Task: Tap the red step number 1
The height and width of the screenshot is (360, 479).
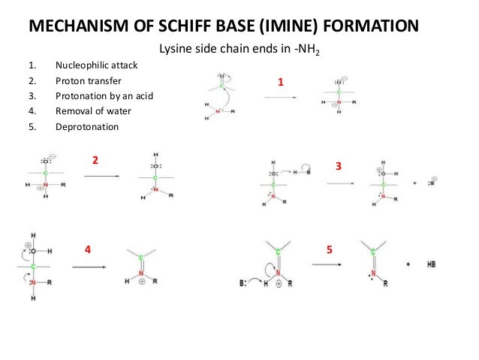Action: pos(281,83)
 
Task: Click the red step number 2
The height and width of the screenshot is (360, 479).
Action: pos(95,160)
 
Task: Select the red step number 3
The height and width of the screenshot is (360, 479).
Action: pos(339,165)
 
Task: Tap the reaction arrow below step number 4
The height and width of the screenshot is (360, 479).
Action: pos(88,266)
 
